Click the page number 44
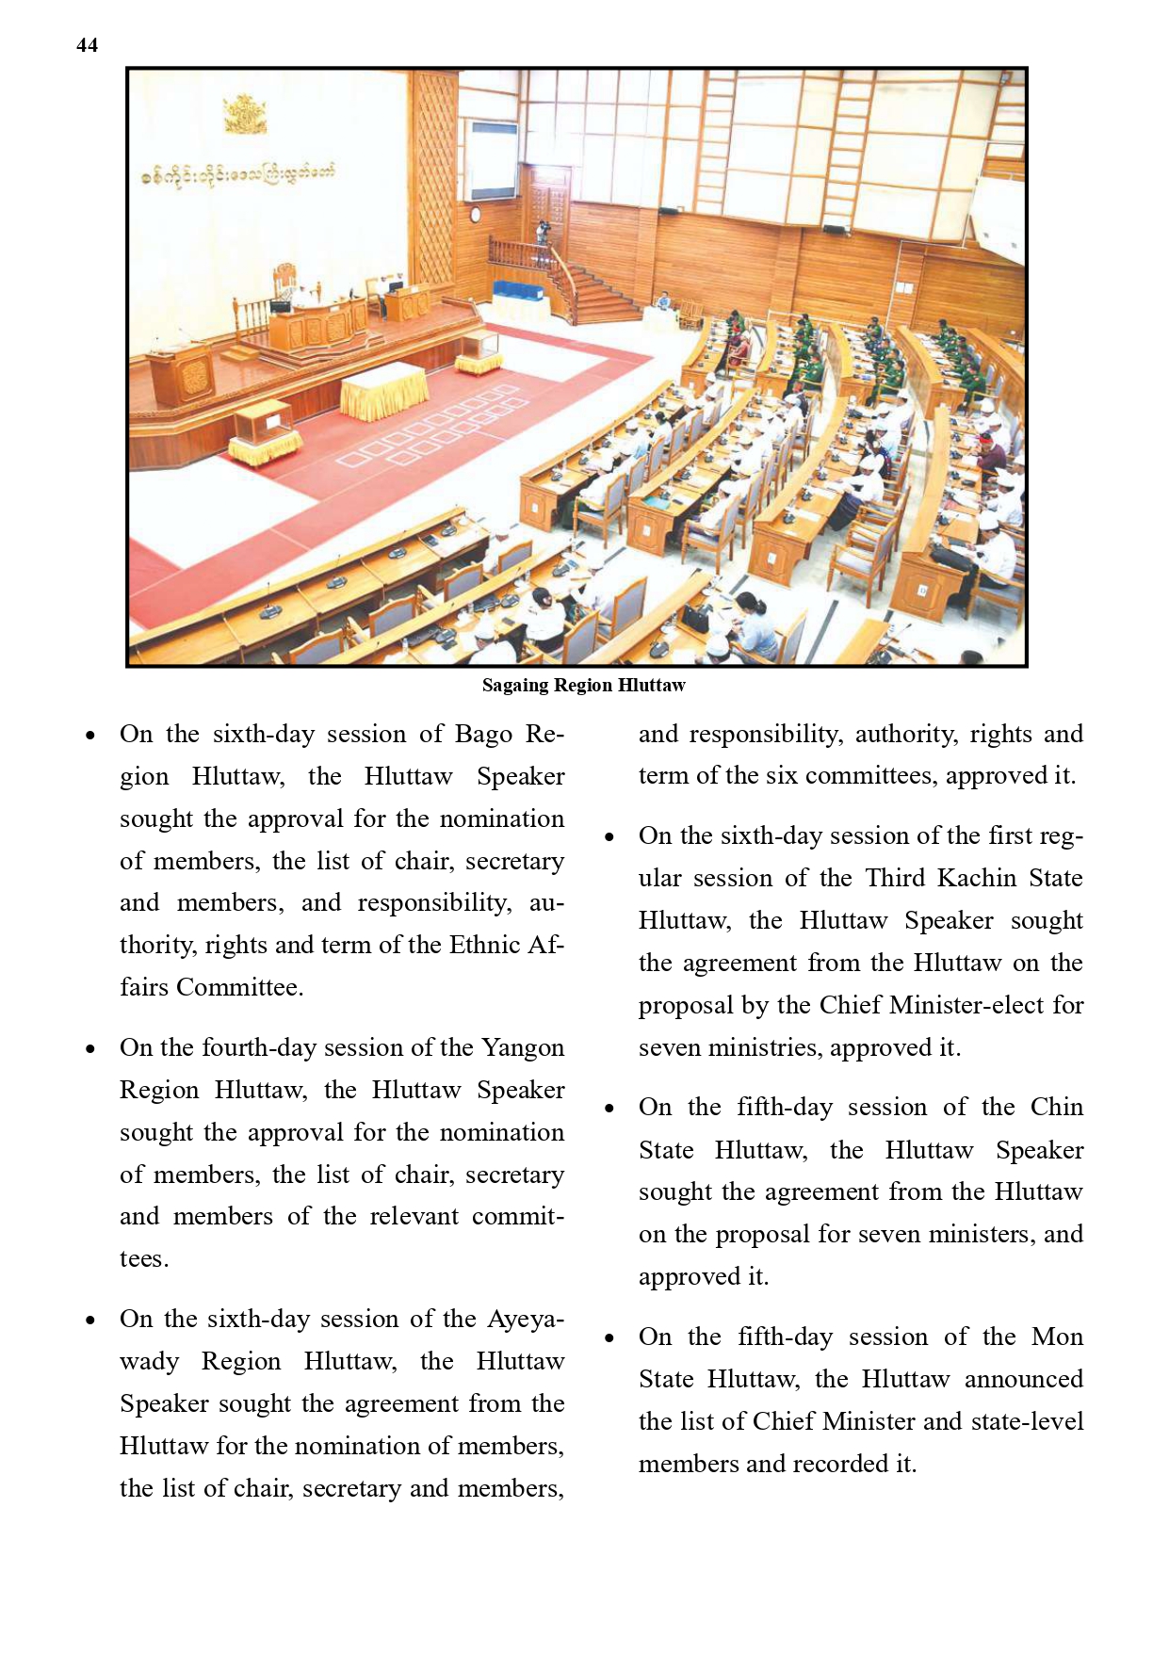tap(87, 45)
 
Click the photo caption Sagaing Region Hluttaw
tap(583, 686)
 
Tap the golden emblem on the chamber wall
tap(245, 114)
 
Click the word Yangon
tap(523, 1047)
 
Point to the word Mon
tap(1057, 1337)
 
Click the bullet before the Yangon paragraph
tap(90, 1048)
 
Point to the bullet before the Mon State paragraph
tap(609, 1337)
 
